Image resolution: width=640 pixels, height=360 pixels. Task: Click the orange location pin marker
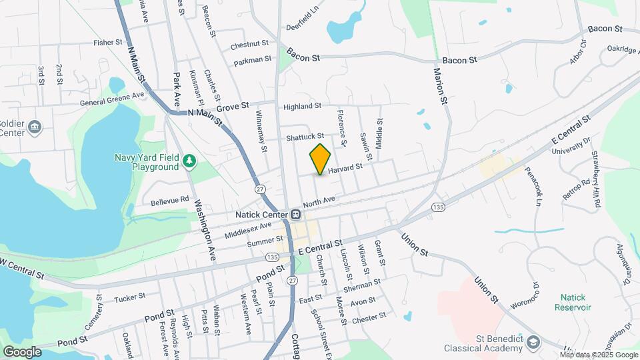321,159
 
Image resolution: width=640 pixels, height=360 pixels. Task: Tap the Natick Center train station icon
295,215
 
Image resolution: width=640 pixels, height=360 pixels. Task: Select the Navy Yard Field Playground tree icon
190,160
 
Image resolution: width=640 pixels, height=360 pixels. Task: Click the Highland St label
302,106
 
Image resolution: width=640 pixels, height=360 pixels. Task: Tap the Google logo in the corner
22,351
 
